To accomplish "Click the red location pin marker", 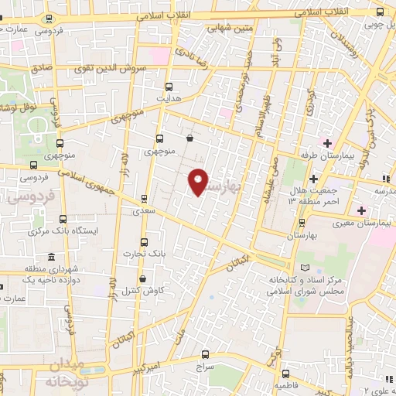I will [199, 181].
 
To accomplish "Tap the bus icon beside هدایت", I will [169, 87].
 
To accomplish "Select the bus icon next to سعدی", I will [144, 199].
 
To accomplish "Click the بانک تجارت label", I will [147, 254].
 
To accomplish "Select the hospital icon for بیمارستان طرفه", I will [327, 142].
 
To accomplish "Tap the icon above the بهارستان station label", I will [301, 220].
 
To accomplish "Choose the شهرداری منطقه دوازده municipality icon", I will [51, 257].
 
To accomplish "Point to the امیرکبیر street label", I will [144, 343].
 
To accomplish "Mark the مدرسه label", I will [384, 189].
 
